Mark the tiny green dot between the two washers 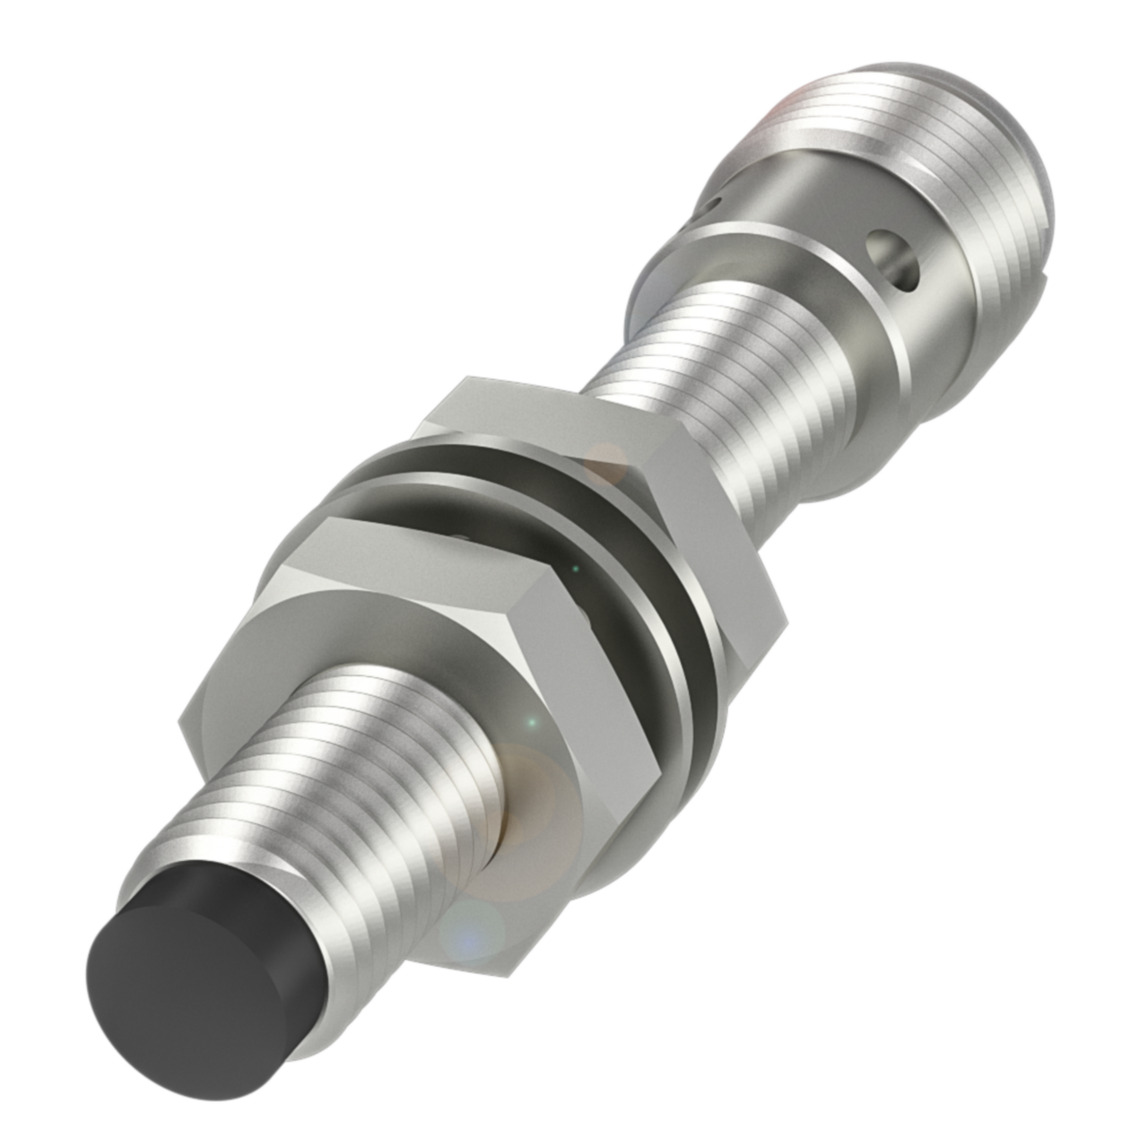[575, 567]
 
